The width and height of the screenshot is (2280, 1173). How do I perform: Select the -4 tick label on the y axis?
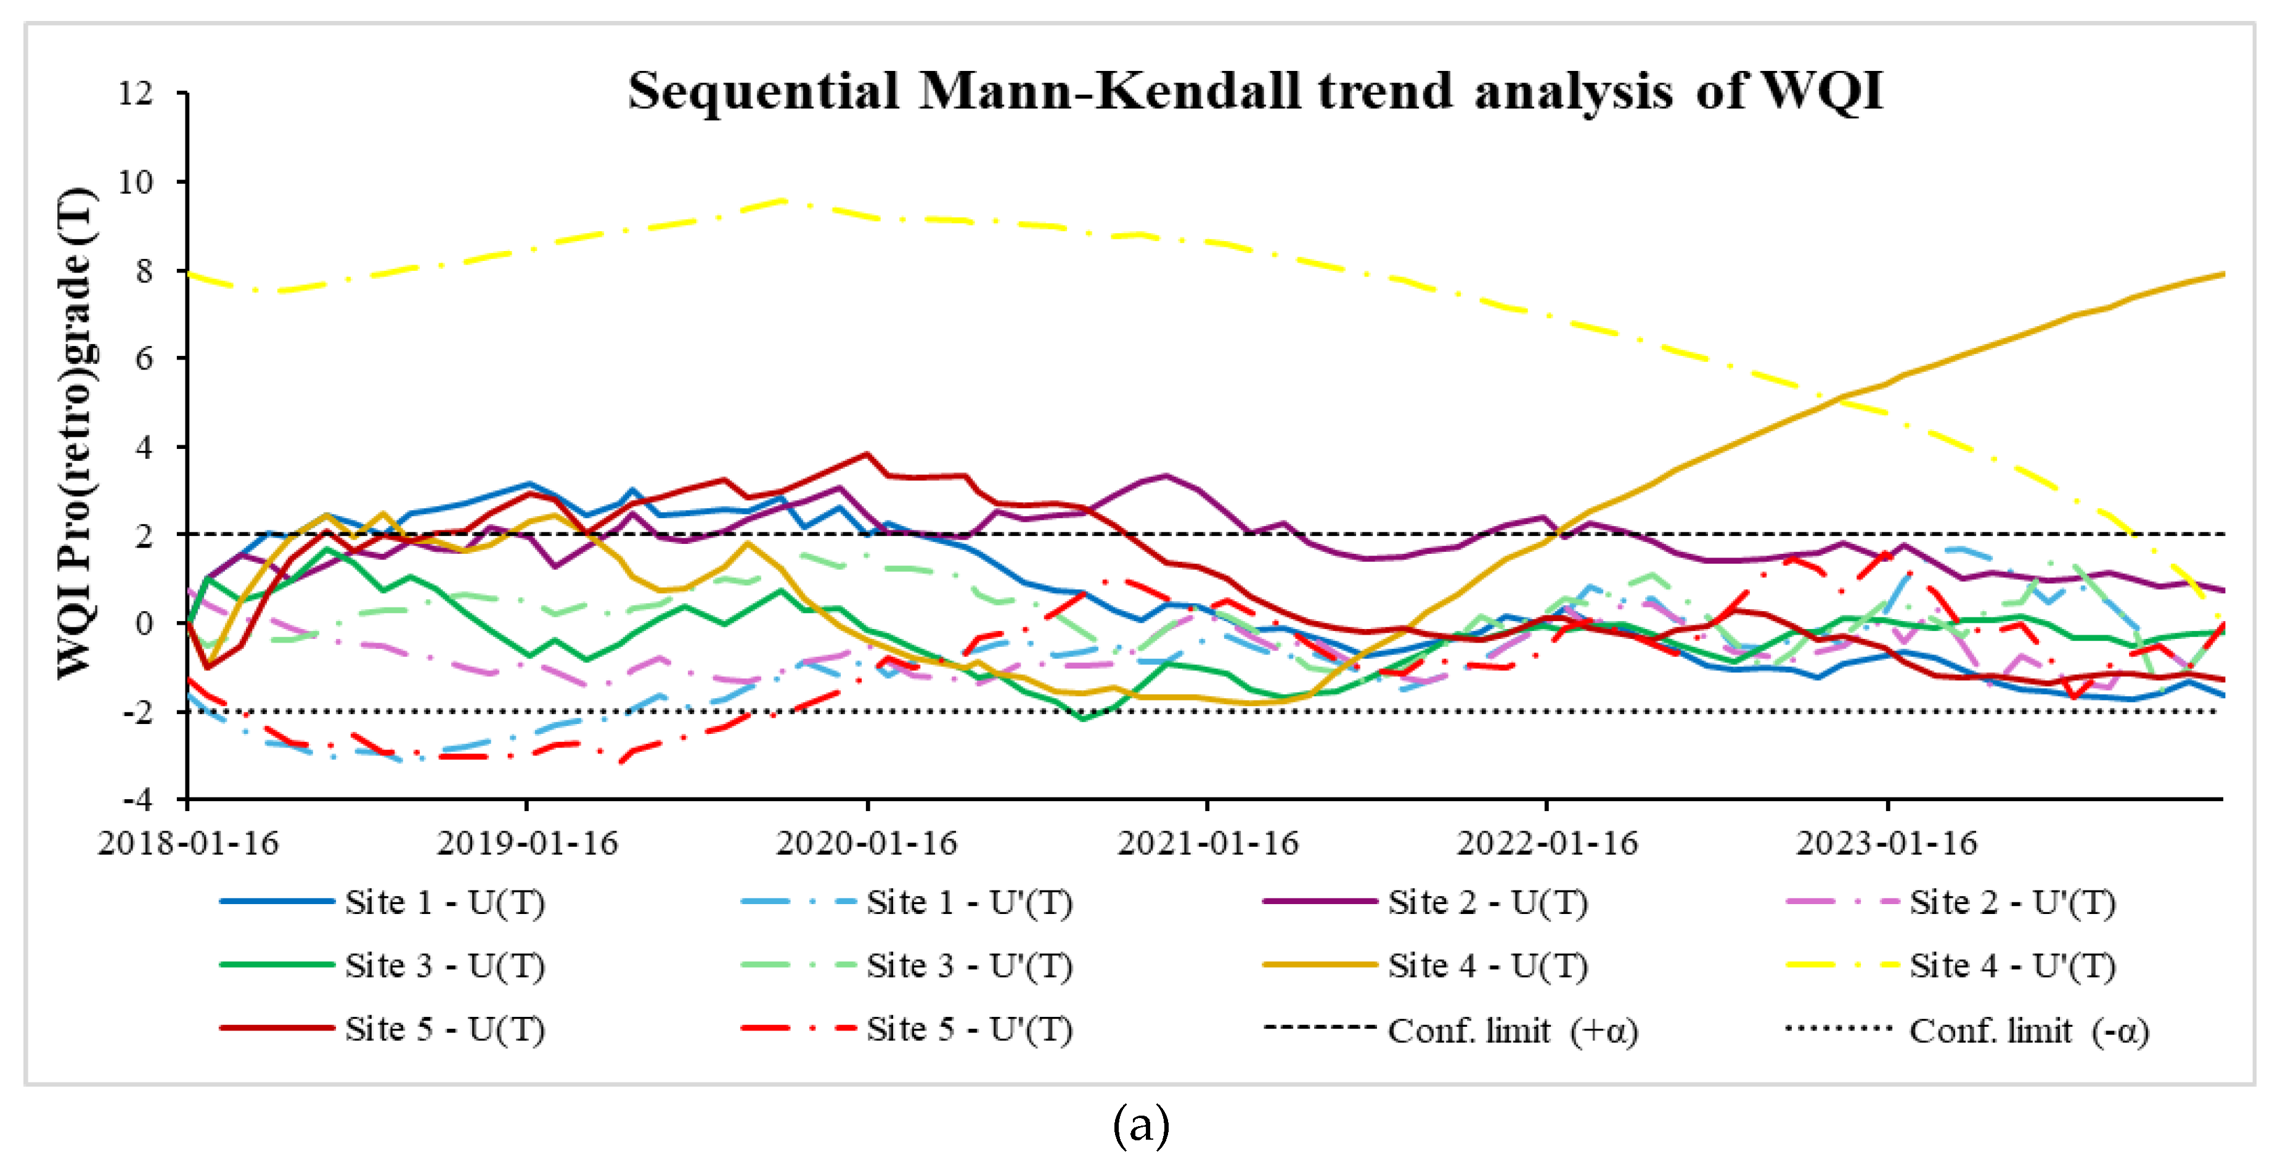pyautogui.click(x=137, y=799)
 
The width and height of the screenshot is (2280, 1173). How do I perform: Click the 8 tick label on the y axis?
pyautogui.click(x=144, y=270)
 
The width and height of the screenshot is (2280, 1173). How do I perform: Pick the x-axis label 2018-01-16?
pyautogui.click(x=187, y=843)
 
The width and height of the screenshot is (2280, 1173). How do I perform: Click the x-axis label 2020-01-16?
pyautogui.click(x=867, y=843)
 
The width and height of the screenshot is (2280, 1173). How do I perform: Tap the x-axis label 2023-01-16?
pyautogui.click(x=1886, y=843)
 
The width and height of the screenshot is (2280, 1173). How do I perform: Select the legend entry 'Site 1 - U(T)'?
pyautogui.click(x=382, y=902)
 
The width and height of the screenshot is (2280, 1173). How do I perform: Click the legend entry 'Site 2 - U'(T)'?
pyautogui.click(x=1951, y=902)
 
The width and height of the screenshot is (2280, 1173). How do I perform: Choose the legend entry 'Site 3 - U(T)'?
pyautogui.click(x=382, y=965)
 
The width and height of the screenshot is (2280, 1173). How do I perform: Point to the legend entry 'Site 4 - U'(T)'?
pyautogui.click(x=1951, y=965)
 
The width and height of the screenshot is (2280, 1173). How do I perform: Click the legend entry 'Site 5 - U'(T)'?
pyautogui.click(x=907, y=1029)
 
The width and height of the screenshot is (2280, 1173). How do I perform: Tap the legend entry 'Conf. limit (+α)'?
pyautogui.click(x=1452, y=1029)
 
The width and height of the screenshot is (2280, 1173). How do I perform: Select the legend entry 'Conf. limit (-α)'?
pyautogui.click(x=1967, y=1029)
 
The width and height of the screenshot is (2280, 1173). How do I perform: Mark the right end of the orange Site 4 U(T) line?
pyautogui.click(x=2223, y=274)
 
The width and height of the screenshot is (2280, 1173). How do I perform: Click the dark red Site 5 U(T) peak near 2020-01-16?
pyautogui.click(x=867, y=454)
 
